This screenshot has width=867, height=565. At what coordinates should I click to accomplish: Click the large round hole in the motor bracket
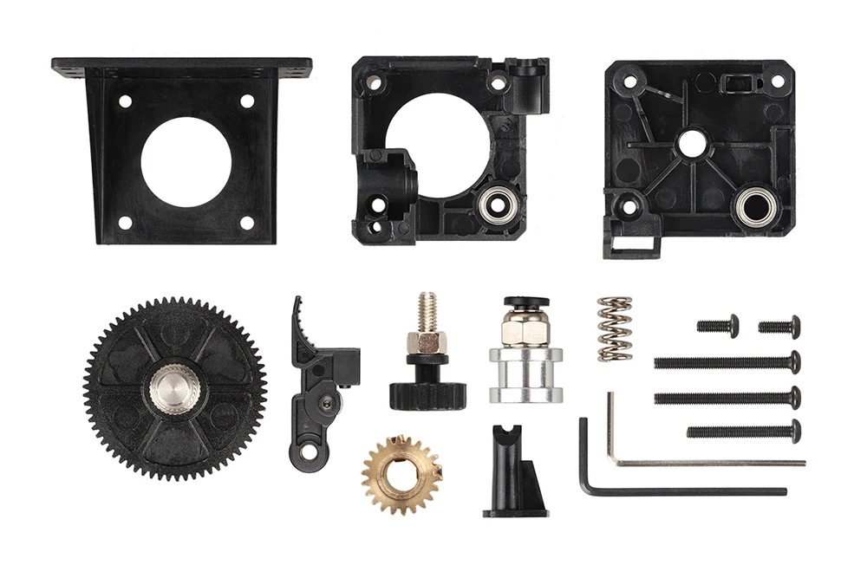186,161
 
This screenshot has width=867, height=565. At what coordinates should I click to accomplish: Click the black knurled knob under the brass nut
427,394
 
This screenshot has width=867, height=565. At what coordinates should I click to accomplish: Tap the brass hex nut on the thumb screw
427,340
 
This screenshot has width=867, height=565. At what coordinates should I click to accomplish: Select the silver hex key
694,462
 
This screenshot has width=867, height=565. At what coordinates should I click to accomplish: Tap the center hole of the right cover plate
691,143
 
